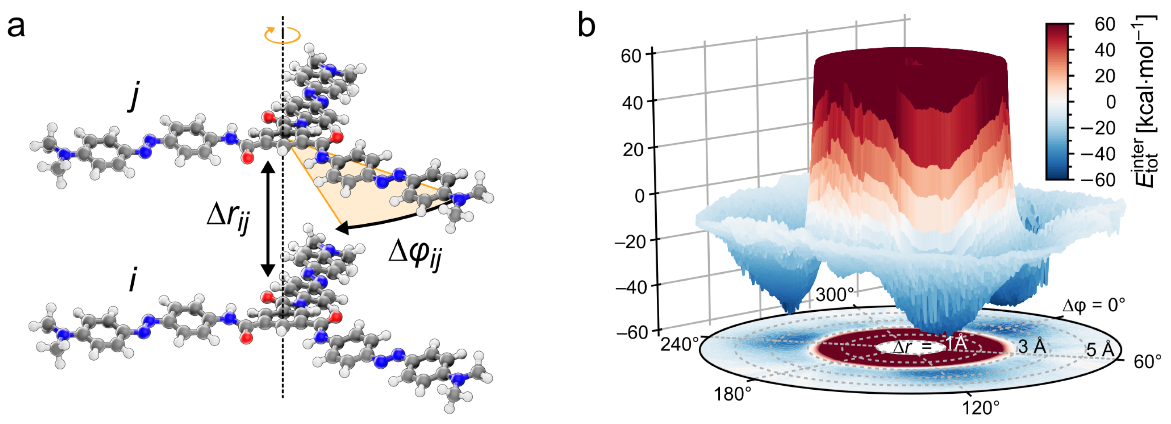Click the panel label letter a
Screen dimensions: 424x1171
17,26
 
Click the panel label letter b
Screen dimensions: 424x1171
586,25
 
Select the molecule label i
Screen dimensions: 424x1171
133,280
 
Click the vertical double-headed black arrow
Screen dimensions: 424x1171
267,218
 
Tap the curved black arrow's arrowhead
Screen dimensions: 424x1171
341,227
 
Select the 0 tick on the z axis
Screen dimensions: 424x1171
639,195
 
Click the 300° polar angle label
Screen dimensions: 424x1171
835,294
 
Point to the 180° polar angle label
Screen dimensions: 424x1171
732,394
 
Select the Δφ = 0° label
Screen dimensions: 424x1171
1093,305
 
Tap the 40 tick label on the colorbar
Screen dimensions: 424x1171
1105,50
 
